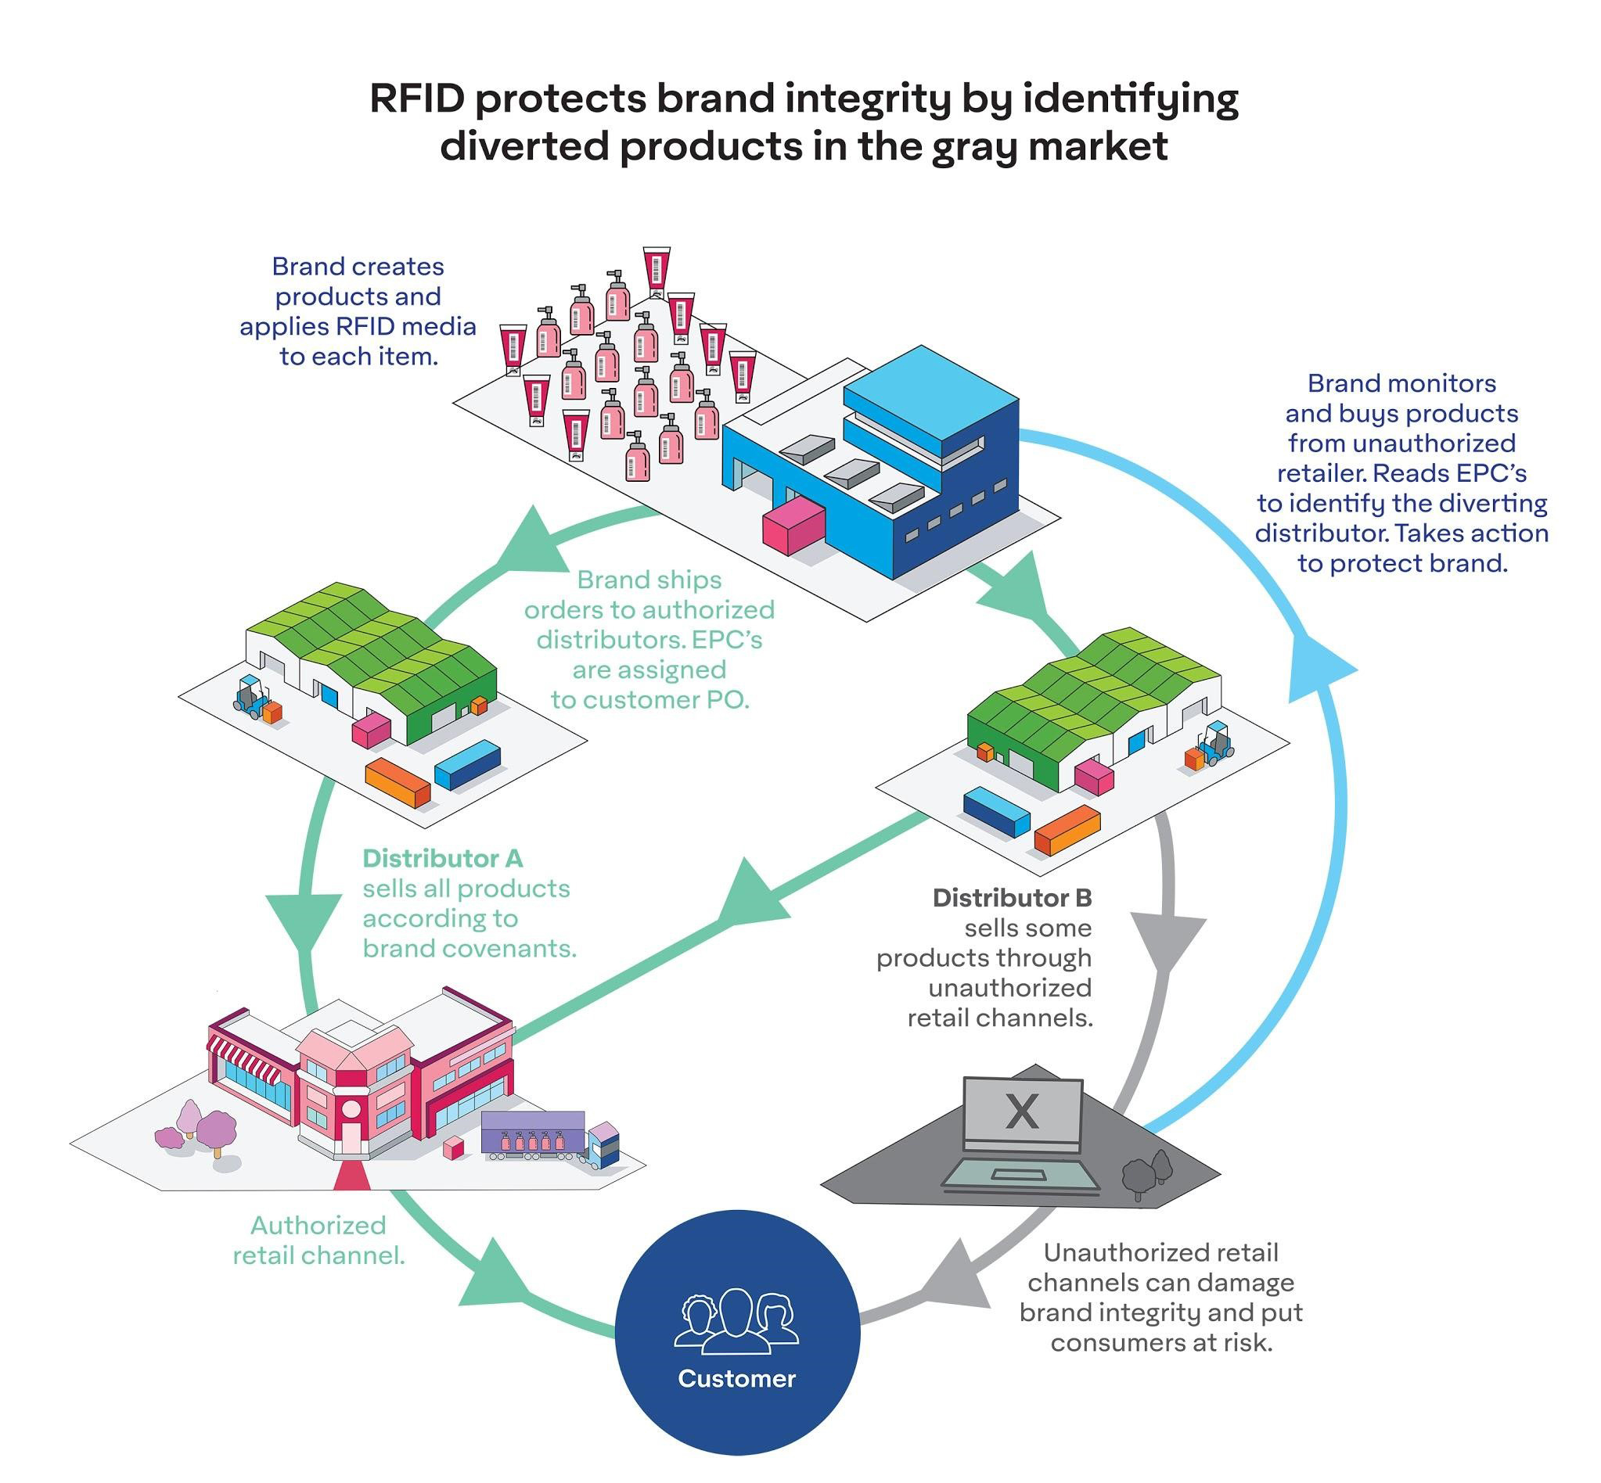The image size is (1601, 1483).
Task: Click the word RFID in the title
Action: click(417, 99)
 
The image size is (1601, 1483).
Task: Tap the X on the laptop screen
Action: click(1021, 1111)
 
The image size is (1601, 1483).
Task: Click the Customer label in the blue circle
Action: click(736, 1378)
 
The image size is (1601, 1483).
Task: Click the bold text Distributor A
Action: click(442, 859)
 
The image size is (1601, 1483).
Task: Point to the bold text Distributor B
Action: click(1012, 897)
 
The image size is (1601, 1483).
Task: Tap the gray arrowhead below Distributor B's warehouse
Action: click(1168, 944)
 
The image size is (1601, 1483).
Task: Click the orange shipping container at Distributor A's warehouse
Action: click(398, 782)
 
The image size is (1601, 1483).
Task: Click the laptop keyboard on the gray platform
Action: click(1020, 1176)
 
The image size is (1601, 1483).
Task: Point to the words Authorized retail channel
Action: click(318, 1240)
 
